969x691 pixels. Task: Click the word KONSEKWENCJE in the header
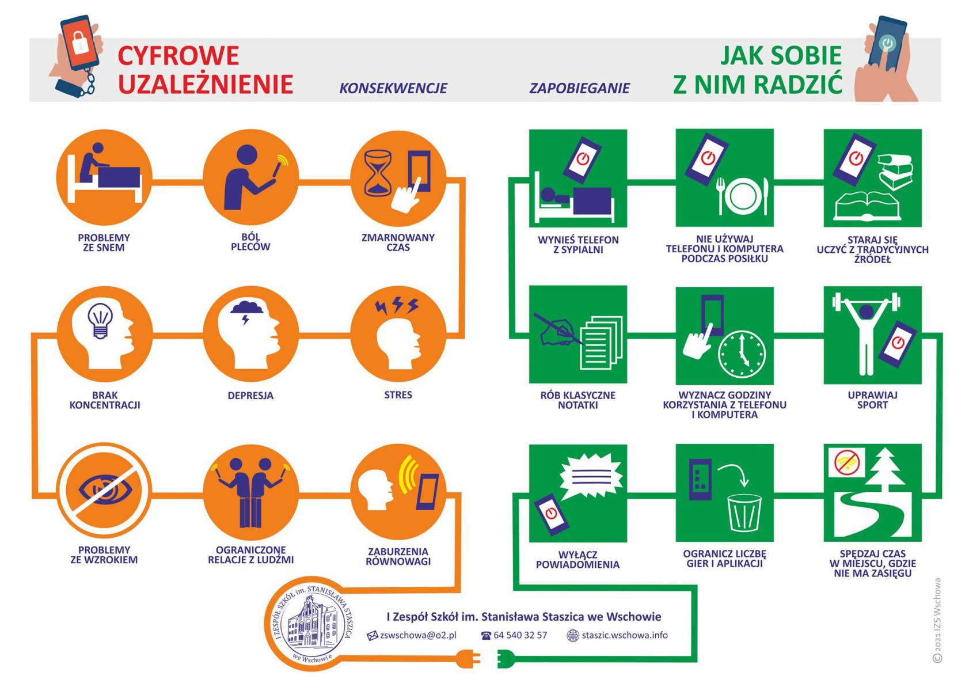[393, 88]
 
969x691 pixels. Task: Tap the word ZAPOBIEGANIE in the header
[579, 88]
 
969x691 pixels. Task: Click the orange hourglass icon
[378, 173]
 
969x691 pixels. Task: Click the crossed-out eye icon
[105, 491]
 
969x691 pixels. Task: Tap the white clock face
[742, 353]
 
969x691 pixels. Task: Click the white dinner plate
[743, 196]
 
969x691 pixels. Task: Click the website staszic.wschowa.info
[624, 635]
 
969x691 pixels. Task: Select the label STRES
[398, 395]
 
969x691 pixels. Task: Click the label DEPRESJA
[250, 396]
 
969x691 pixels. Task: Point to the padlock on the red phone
[80, 41]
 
